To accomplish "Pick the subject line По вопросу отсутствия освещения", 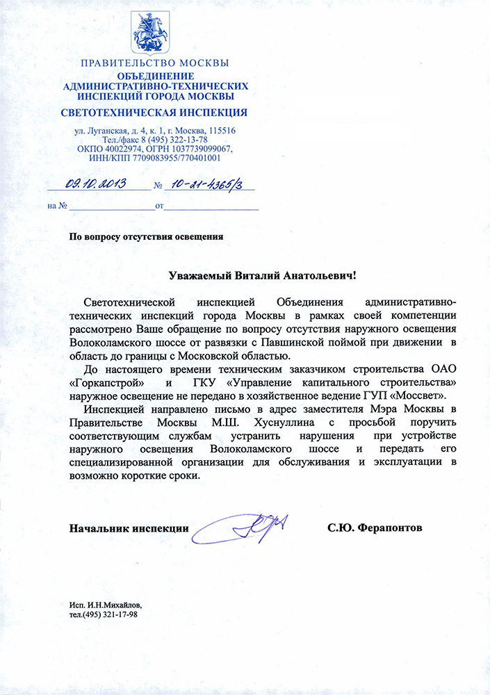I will [146, 236].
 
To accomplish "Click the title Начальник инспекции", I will [129, 528].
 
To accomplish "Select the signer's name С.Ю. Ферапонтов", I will [375, 528].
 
